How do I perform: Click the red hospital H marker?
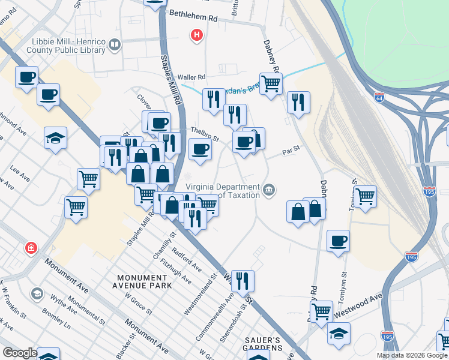click(x=196, y=35)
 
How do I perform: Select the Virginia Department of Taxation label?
click(x=223, y=190)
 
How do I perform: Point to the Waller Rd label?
click(x=191, y=77)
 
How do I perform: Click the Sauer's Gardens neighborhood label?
click(x=263, y=344)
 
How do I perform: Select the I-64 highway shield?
click(x=379, y=97)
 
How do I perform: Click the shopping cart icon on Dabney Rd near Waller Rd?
click(x=271, y=83)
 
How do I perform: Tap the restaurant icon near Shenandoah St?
click(x=243, y=280)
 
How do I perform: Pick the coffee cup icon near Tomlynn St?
click(x=339, y=241)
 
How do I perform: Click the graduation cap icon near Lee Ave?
click(x=55, y=138)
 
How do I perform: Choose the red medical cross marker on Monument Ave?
click(x=31, y=248)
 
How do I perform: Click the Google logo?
click(x=20, y=353)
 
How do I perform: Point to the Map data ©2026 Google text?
click(x=412, y=355)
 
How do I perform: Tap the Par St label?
click(x=291, y=152)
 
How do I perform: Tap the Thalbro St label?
click(x=204, y=133)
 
